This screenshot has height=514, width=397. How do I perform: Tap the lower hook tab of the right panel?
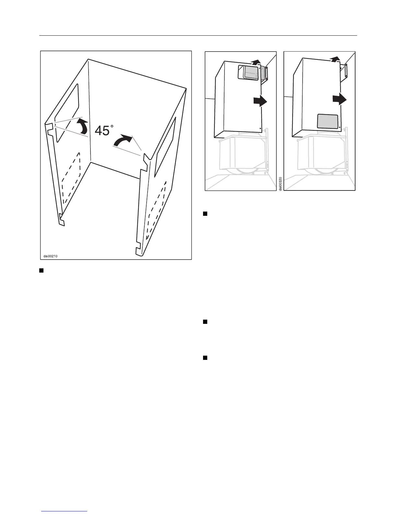point(138,250)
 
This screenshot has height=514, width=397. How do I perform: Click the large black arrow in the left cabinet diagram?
point(260,101)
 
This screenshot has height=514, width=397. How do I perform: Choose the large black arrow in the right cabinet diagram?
point(339,99)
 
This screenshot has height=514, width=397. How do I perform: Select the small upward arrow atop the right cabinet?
point(335,59)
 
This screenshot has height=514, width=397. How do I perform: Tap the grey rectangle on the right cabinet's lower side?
point(327,121)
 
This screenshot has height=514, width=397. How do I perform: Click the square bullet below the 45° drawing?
point(42,270)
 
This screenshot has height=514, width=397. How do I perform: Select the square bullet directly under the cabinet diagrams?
point(205,214)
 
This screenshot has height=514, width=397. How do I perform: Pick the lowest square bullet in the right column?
point(205,358)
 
